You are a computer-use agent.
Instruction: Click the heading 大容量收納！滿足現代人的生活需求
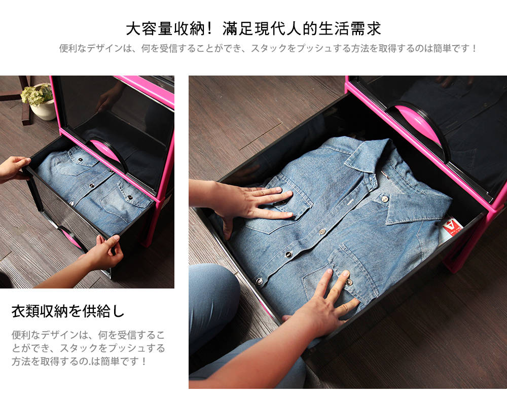point(253,29)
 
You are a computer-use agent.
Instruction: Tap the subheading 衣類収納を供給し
point(68,311)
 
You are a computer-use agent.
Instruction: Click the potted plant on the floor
point(40,100)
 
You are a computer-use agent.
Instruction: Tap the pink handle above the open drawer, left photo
point(106,151)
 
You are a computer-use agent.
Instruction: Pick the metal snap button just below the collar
point(384,198)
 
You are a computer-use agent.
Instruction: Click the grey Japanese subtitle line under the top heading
point(268,49)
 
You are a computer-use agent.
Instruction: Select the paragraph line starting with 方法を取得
point(79,361)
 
